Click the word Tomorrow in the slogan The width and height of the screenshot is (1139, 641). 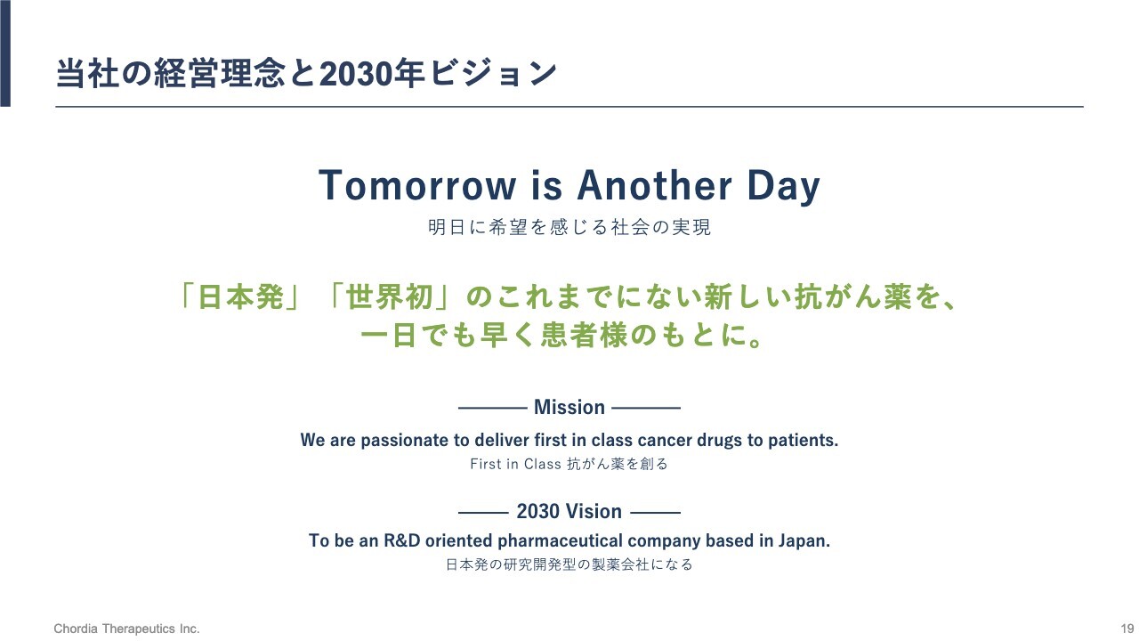tap(417, 185)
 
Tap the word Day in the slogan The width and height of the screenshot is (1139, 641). tap(784, 187)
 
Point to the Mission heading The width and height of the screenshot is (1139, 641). tap(569, 407)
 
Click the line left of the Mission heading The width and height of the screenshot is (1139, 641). tap(492, 408)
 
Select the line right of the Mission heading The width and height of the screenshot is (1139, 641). tap(646, 408)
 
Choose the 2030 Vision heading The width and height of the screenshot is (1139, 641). tap(569, 511)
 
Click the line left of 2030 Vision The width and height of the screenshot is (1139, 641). tap(483, 513)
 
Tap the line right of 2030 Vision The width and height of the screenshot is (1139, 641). tap(655, 513)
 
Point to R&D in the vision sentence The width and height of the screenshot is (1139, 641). tap(401, 540)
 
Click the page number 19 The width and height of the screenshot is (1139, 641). tap(1127, 629)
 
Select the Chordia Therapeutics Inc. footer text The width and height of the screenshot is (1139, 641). tap(126, 629)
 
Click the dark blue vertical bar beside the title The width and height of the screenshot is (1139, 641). tap(5, 53)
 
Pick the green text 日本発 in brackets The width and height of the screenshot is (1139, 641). tap(240, 297)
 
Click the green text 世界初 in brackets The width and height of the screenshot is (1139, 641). tap(390, 297)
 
